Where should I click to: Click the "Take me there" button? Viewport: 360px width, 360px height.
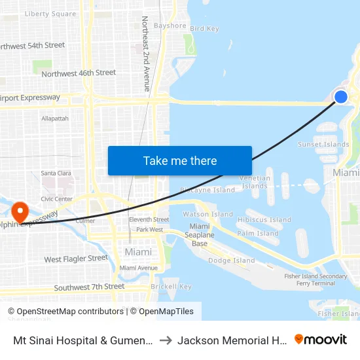(x=180, y=160)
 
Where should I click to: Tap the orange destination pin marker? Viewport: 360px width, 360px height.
(x=20, y=212)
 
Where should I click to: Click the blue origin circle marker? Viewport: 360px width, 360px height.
(x=341, y=97)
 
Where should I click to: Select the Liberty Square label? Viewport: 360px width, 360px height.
(x=50, y=14)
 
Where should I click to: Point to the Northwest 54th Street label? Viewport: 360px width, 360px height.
(x=33, y=46)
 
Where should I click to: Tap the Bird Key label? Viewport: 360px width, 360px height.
(x=204, y=29)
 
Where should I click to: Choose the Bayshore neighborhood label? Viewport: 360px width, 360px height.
(x=170, y=26)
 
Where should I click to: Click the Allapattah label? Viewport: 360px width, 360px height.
(x=54, y=118)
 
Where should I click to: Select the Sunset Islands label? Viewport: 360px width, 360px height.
(x=323, y=145)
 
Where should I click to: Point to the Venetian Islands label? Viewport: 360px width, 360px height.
(x=255, y=181)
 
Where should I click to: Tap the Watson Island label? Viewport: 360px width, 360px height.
(x=207, y=214)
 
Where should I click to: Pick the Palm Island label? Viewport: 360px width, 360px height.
(x=258, y=233)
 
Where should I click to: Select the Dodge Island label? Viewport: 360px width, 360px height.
(x=231, y=261)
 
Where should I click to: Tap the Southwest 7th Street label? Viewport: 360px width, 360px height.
(x=89, y=287)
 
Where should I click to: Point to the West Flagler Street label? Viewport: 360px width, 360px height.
(x=76, y=259)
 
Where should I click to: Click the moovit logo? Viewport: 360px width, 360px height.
(x=321, y=339)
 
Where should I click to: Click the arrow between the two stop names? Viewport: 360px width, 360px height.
(x=166, y=340)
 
